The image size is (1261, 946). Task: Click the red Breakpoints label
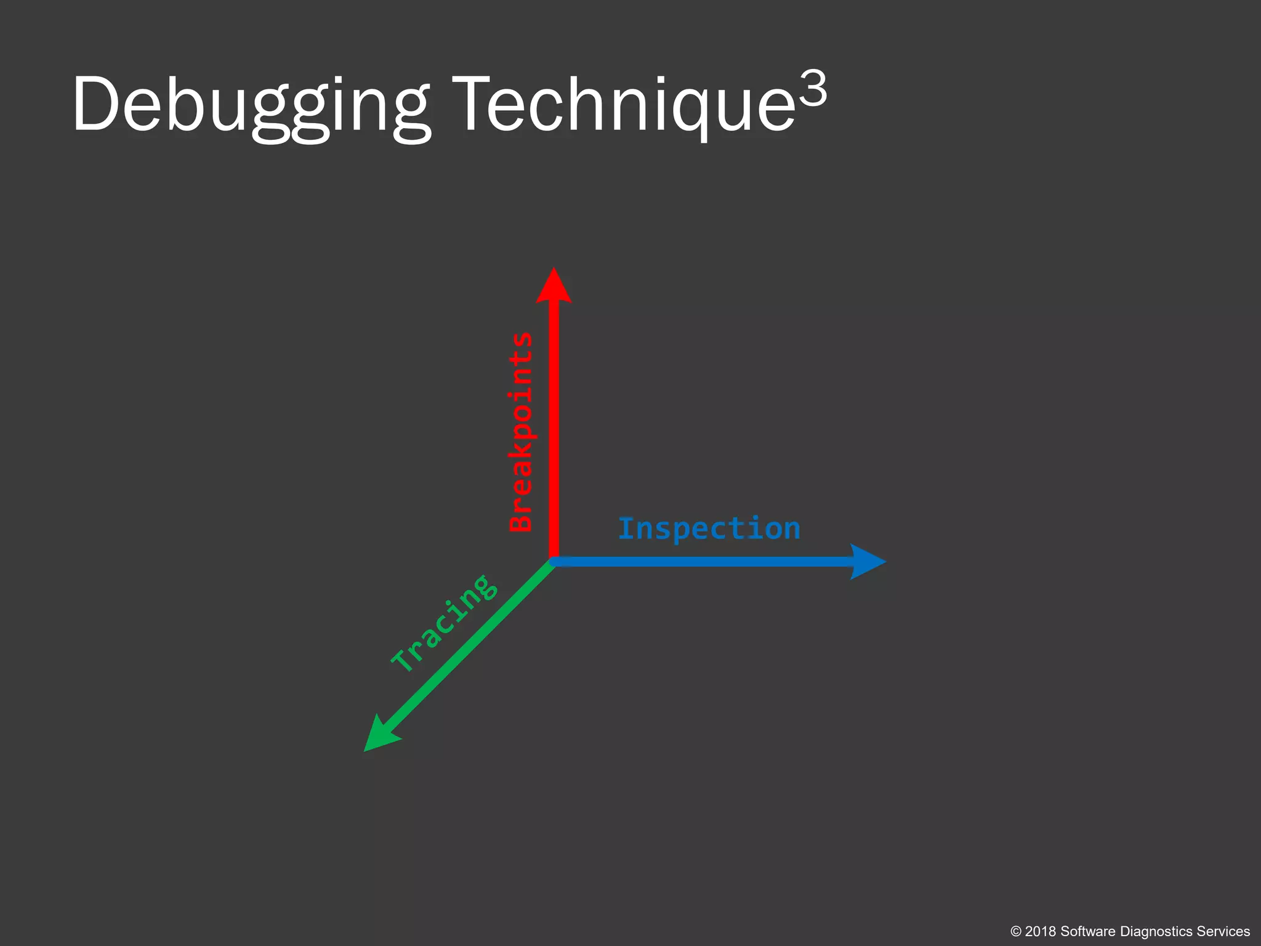(x=522, y=431)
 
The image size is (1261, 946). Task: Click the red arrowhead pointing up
(x=554, y=286)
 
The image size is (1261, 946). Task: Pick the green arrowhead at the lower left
(x=379, y=737)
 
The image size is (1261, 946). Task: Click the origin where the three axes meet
(x=554, y=561)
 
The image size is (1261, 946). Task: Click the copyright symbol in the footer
(x=1016, y=932)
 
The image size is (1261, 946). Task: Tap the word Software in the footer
(x=1087, y=932)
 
